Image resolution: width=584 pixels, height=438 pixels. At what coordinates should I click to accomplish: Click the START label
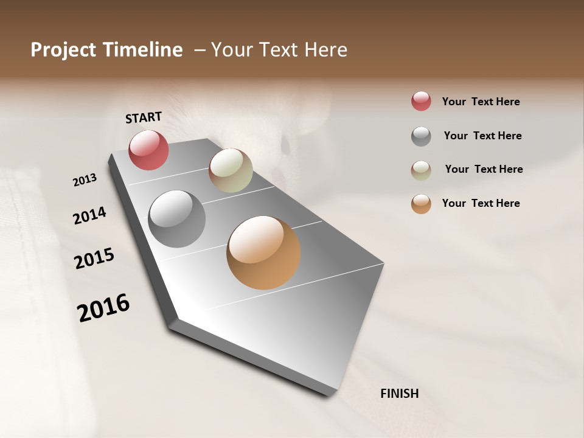[x=144, y=117]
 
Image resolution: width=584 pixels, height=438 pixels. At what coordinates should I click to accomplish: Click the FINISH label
[x=399, y=394]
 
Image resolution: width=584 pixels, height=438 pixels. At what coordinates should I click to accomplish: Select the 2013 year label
[x=85, y=180]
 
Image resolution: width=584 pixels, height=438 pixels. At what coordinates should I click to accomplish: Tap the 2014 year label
[x=89, y=216]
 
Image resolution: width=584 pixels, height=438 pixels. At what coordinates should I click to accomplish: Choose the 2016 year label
[x=103, y=308]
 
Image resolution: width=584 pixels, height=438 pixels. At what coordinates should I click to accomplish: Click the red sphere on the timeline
[x=148, y=150]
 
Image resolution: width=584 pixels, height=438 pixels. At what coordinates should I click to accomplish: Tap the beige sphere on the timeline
[x=231, y=170]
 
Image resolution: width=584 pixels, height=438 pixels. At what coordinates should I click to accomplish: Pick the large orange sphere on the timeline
[x=263, y=252]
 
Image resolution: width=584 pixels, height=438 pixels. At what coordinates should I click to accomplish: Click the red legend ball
[x=421, y=102]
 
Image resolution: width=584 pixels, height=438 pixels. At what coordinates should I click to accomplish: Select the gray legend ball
[x=421, y=136]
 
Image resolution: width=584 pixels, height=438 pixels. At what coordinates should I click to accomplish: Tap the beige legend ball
[x=421, y=170]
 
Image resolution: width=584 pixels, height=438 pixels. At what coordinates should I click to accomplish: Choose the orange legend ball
[x=421, y=204]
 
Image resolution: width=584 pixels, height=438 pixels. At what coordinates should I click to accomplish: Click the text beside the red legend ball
[x=481, y=102]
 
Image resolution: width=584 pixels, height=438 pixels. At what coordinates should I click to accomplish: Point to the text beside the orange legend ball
[x=481, y=203]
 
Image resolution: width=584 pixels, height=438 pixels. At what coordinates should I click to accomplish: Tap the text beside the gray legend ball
[x=482, y=136]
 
